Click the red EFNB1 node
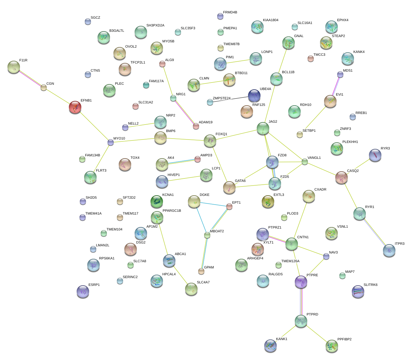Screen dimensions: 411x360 pos(75,107)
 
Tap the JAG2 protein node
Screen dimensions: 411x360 pos(263,128)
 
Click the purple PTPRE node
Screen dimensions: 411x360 pos(301,282)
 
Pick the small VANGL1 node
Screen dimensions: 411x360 pos(304,162)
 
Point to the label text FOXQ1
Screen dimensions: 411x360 pos(221,134)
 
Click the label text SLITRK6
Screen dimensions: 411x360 pos(370,285)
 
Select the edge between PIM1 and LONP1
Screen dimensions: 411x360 pos(238,61)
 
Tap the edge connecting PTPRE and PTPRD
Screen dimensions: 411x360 pos(301,301)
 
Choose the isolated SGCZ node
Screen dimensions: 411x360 pos(88,21)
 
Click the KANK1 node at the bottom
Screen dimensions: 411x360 pos(270,345)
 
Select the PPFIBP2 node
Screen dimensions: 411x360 pos(332,346)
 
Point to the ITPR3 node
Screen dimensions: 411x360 pos(389,250)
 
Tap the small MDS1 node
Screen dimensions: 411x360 pos(340,74)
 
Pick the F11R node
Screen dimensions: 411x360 pos(13,67)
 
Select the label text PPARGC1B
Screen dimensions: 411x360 pos(172,211)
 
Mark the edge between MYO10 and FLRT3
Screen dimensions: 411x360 pos(100,159)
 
